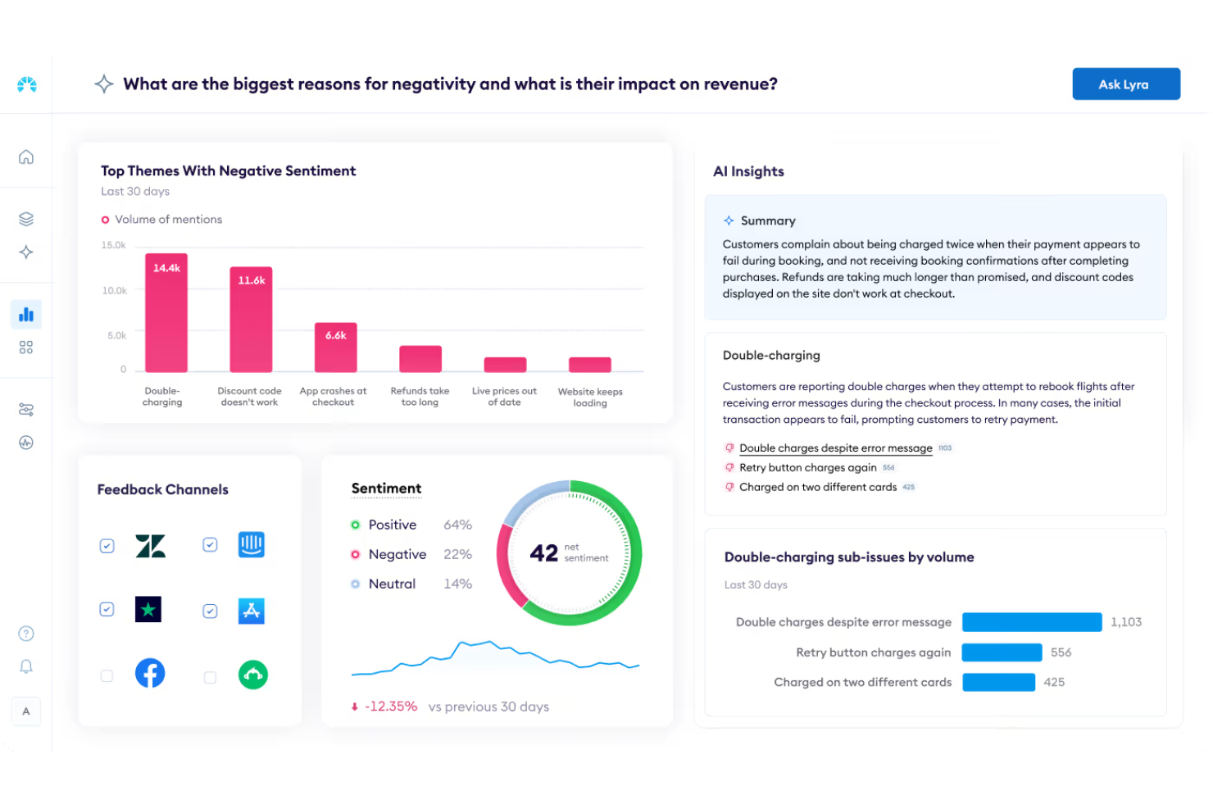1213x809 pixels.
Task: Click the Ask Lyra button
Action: (1125, 84)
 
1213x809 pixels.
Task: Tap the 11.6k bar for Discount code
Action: (251, 320)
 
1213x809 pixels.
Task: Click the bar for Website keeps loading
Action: (589, 365)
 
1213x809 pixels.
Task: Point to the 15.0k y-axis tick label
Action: (113, 245)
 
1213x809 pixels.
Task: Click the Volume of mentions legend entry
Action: (168, 220)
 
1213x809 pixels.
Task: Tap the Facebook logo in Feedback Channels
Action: (150, 674)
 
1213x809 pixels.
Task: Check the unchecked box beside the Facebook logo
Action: (107, 676)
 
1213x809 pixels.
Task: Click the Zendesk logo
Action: (150, 546)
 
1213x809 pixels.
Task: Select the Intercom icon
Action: (251, 545)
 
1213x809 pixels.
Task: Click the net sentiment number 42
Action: (543, 553)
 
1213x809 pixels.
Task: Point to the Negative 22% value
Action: (457, 555)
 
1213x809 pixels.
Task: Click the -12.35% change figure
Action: (391, 707)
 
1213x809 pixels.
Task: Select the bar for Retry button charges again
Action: (1001, 652)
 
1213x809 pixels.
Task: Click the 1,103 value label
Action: (1125, 622)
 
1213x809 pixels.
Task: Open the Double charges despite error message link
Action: (835, 448)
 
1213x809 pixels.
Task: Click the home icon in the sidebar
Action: (26, 157)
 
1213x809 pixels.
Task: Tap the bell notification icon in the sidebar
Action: (26, 666)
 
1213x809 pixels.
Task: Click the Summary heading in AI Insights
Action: (767, 220)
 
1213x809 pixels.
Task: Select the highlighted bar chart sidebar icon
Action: (26, 315)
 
